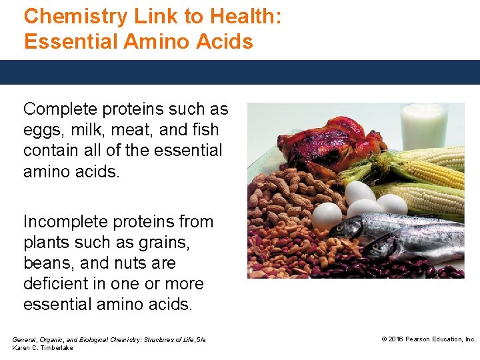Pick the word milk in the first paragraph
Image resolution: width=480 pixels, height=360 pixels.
coord(84,130)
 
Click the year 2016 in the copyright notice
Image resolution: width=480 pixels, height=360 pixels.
coord(397,339)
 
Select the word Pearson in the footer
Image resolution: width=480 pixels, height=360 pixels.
coord(419,339)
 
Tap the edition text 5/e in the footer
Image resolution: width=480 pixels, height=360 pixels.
coord(201,340)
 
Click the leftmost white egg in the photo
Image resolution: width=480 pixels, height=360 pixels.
coord(327,215)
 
